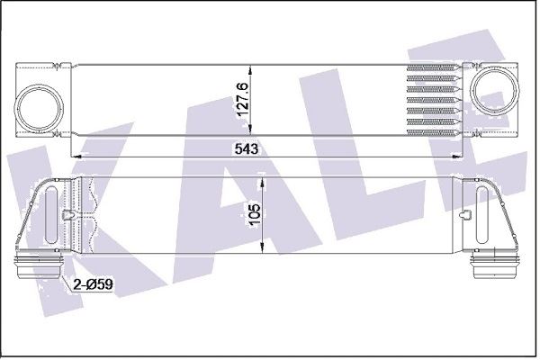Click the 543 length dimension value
[x=247, y=148]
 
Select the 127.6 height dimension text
[x=243, y=100]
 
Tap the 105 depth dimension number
[x=256, y=215]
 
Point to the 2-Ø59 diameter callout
[x=93, y=284]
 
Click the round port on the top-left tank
[x=39, y=107]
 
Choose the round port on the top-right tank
[x=495, y=90]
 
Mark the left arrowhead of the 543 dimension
[x=77, y=157]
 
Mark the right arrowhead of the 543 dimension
[x=455, y=157]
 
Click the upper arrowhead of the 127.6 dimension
[x=250, y=71]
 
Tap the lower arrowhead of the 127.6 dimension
[x=250, y=129]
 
